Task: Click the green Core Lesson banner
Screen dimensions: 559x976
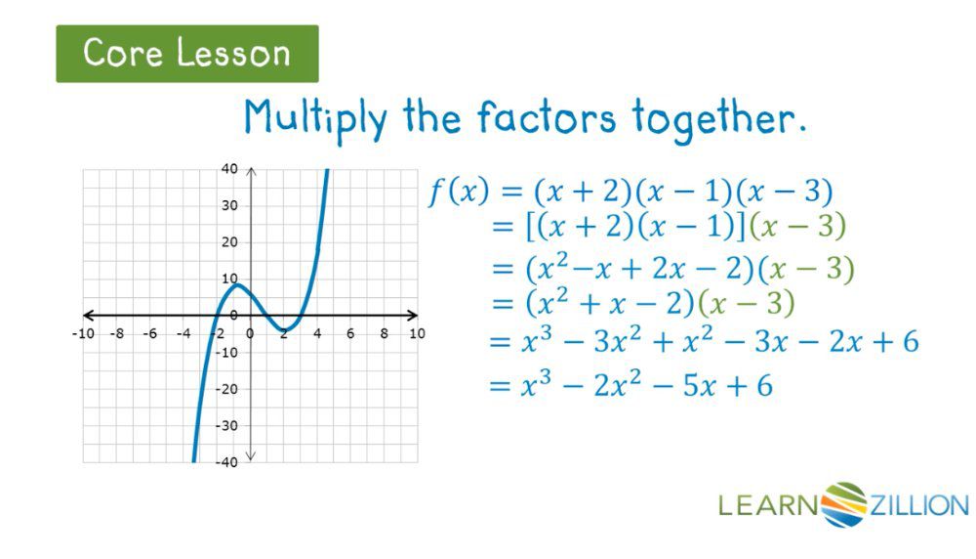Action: pyautogui.click(x=186, y=54)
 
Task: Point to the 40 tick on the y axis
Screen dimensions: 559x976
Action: pyautogui.click(x=229, y=169)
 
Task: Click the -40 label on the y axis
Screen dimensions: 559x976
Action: pyautogui.click(x=226, y=461)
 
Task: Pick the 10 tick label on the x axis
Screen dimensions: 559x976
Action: pyautogui.click(x=417, y=334)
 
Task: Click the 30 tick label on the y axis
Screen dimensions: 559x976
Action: pyautogui.click(x=229, y=205)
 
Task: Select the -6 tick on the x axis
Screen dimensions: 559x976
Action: pyautogui.click(x=148, y=334)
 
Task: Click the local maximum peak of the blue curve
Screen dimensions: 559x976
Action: pyautogui.click(x=234, y=285)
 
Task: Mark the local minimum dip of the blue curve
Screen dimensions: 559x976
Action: pyautogui.click(x=282, y=328)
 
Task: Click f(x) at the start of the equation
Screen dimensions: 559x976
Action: pyautogui.click(x=458, y=193)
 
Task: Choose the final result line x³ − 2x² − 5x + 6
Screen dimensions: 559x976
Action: pyautogui.click(x=630, y=386)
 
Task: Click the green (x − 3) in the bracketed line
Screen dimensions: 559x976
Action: pyautogui.click(x=801, y=227)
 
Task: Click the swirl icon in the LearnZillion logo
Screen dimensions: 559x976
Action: pyautogui.click(x=844, y=504)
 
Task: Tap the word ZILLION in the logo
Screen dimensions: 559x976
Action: pyautogui.click(x=918, y=505)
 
